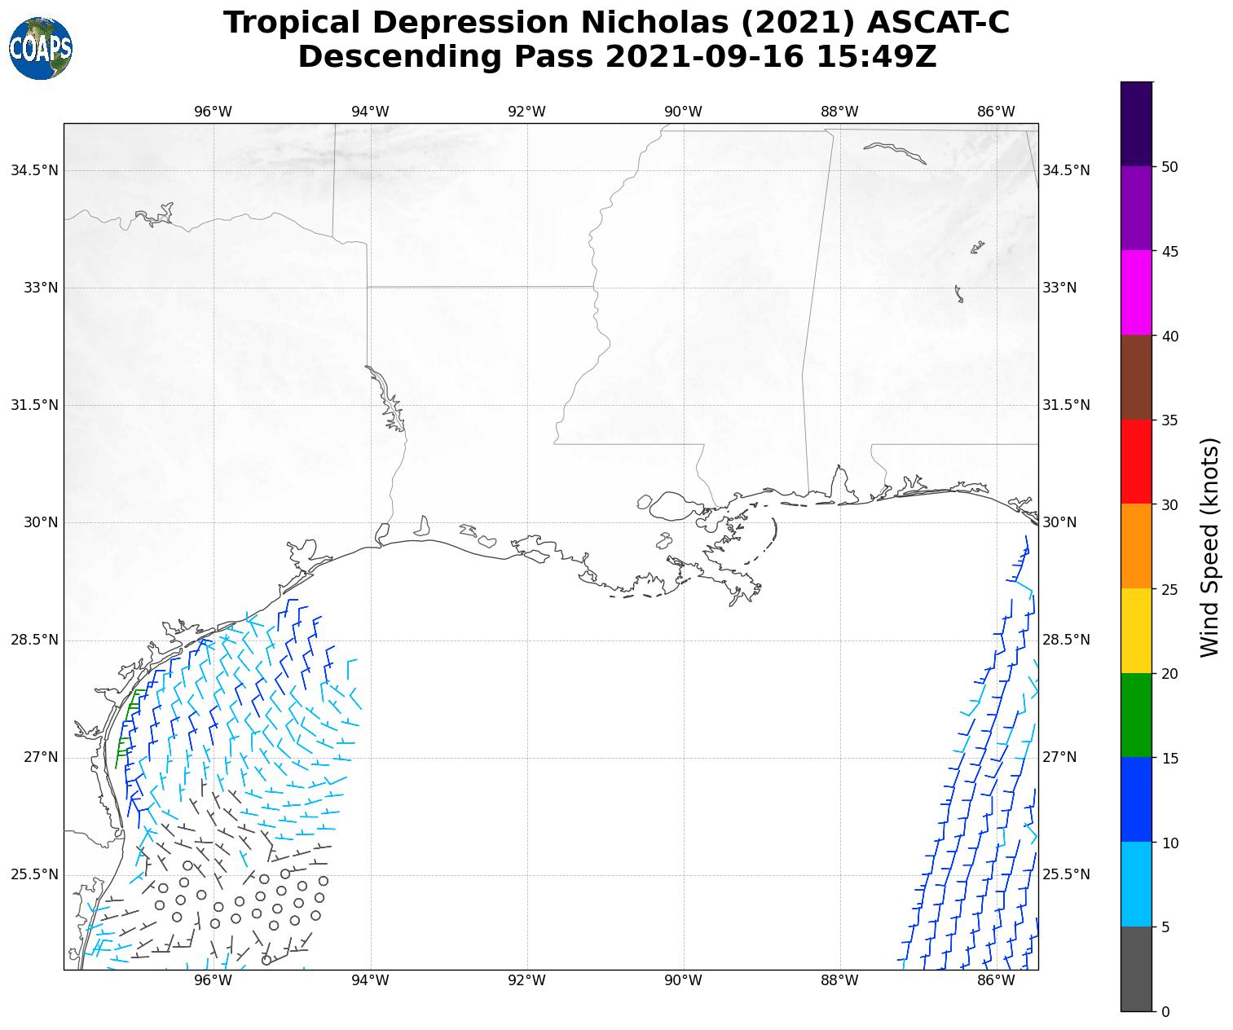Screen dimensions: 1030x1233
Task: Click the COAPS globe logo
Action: pyautogui.click(x=41, y=49)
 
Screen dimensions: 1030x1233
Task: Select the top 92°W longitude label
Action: pyautogui.click(x=526, y=112)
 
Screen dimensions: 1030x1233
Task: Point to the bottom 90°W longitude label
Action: pyautogui.click(x=683, y=980)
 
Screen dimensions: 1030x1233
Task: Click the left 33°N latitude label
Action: pyautogui.click(x=34, y=288)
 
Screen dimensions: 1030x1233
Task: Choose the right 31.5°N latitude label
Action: pyautogui.click(x=1066, y=405)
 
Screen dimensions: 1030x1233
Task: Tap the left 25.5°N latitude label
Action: pyautogui.click(x=34, y=874)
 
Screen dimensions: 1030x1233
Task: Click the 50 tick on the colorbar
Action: pyautogui.click(x=1169, y=167)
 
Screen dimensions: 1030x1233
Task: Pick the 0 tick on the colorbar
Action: pyautogui.click(x=1165, y=1011)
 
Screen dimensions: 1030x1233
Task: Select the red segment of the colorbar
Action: pyautogui.click(x=1136, y=461)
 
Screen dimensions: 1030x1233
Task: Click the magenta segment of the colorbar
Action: pyautogui.click(x=1136, y=293)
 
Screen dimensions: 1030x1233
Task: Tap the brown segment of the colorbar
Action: pyautogui.click(x=1136, y=377)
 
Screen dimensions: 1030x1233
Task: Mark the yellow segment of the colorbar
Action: pyautogui.click(x=1136, y=631)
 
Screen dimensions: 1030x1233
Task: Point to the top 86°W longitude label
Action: pyautogui.click(x=996, y=112)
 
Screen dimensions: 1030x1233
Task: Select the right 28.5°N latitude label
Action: pyautogui.click(x=1066, y=640)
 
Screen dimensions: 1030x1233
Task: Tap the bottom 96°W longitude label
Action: pyautogui.click(x=214, y=980)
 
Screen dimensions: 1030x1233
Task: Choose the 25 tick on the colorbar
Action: pyautogui.click(x=1169, y=589)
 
